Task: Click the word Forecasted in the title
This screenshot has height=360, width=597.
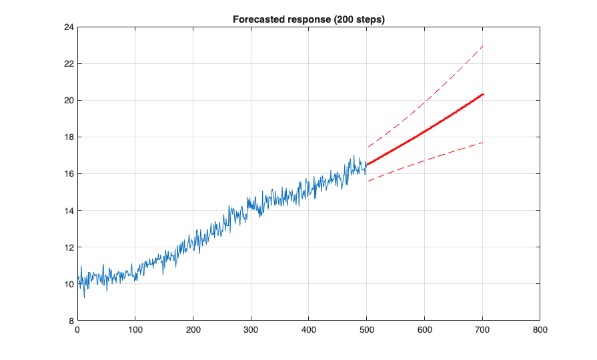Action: click(256, 20)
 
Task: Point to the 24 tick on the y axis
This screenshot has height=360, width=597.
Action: click(67, 27)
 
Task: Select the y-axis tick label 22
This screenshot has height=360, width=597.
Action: click(67, 64)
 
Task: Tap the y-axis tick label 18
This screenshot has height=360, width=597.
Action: click(67, 137)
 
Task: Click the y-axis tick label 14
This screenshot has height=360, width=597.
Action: click(67, 211)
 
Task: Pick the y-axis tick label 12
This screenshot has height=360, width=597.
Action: click(67, 247)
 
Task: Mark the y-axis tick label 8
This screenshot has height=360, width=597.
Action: click(70, 321)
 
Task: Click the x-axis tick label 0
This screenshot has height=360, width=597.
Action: click(77, 329)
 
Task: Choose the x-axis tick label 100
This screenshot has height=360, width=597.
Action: click(135, 329)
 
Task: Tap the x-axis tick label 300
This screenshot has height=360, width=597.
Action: click(251, 329)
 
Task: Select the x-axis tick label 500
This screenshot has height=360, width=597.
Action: click(367, 329)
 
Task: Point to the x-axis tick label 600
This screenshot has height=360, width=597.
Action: click(425, 329)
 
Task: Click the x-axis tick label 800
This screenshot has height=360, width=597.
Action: click(540, 329)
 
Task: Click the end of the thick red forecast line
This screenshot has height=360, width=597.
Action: click(483, 94)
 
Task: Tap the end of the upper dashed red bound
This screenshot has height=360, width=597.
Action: click(483, 45)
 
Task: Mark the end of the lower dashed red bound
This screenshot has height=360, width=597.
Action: click(483, 142)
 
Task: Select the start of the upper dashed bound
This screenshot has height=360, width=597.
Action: click(367, 147)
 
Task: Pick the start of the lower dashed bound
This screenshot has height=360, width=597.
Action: click(367, 181)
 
